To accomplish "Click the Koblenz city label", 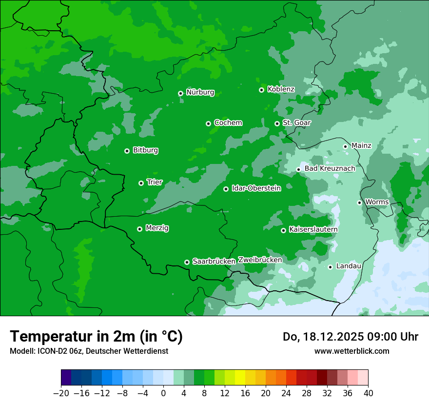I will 281,89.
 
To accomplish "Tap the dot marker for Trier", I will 141,183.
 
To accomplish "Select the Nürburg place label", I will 200,92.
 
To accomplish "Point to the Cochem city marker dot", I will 208,123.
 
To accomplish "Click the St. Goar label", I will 296,123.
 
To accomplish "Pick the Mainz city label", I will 361,145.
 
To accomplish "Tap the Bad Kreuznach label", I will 330,169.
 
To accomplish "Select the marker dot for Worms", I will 359,202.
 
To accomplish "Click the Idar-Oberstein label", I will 256,188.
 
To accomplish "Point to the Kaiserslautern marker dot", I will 283,230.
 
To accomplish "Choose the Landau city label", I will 349,266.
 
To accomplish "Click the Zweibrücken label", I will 260,260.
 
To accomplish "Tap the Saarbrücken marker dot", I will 187,262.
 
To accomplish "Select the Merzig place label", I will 157,228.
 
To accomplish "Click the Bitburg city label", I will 145,150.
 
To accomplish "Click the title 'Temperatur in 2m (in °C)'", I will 96,336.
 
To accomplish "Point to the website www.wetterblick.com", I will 351,351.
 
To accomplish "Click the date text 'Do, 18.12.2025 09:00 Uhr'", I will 351,337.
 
